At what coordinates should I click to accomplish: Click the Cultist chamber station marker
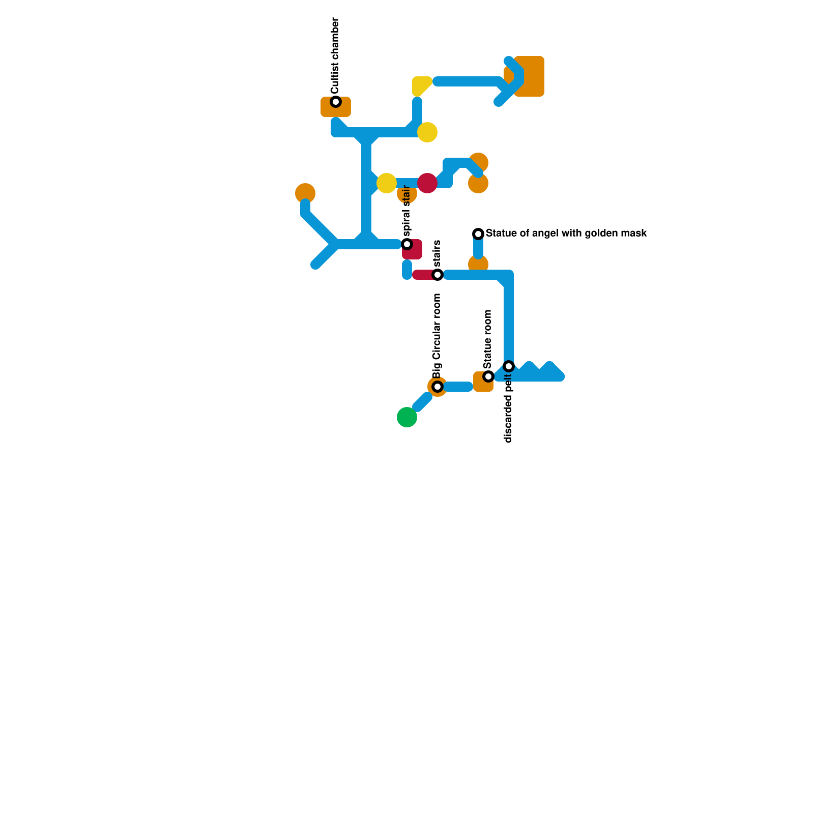336,102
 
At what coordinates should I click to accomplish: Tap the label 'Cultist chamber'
335,55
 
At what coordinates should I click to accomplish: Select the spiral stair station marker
407,244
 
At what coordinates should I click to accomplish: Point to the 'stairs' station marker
438,275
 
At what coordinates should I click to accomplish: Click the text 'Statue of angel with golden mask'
566,234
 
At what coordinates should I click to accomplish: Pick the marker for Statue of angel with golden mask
478,234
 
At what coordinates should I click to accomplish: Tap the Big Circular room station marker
438,387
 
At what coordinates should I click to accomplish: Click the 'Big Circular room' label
437,336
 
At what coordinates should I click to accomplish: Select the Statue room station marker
488,376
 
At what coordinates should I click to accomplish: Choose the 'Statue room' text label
488,339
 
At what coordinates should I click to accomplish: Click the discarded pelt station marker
509,366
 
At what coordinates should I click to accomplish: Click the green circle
407,417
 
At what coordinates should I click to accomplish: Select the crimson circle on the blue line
427,183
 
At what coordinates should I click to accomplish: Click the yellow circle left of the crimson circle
387,183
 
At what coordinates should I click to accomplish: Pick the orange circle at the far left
305,193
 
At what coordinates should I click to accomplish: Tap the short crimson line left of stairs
423,275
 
